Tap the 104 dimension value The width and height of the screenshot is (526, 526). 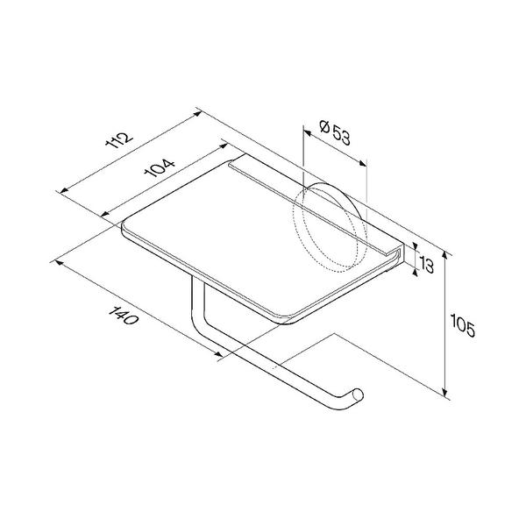coord(160,167)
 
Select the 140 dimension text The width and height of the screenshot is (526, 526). coord(123,316)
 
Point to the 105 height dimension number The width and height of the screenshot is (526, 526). coord(463,325)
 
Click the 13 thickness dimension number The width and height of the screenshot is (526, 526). coord(426,265)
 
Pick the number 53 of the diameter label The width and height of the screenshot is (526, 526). coord(342,136)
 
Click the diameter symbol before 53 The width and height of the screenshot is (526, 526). coord(324,127)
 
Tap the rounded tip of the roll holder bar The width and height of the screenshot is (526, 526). coord(358,394)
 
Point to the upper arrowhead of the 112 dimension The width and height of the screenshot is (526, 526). coord(198,114)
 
